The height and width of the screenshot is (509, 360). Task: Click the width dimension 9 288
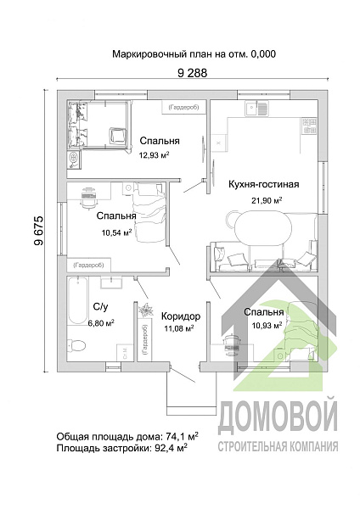click(x=192, y=74)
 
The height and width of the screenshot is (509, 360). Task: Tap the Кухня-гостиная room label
click(x=265, y=184)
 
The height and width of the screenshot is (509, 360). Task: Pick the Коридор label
click(x=180, y=314)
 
